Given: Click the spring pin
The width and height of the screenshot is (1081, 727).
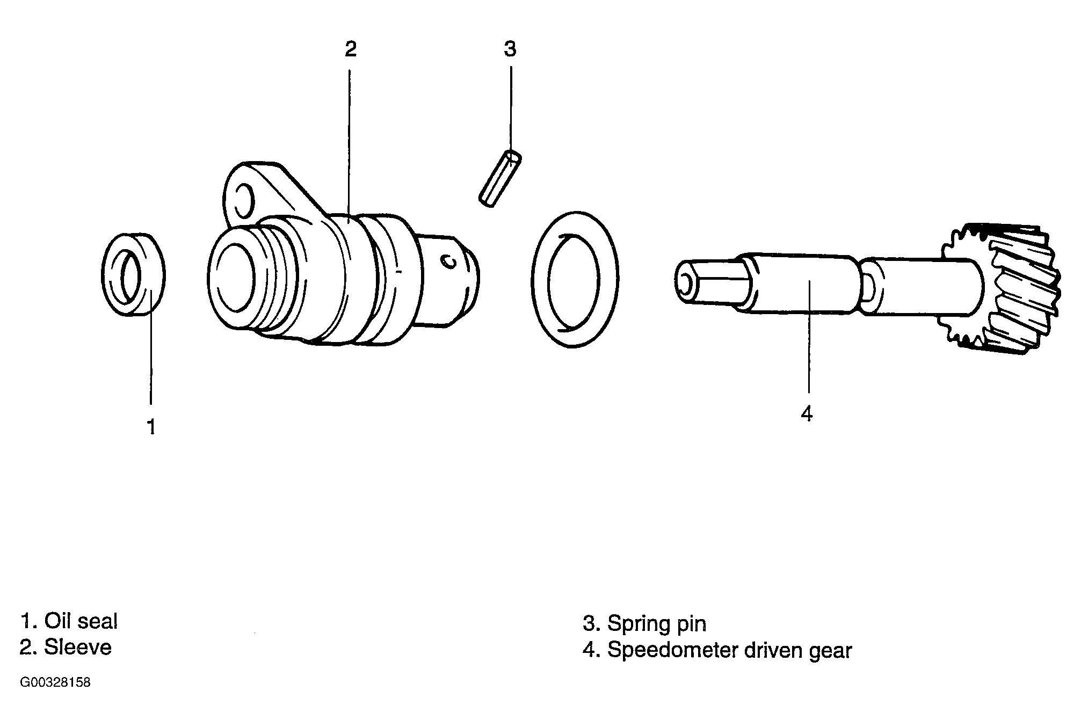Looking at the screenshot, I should [500, 178].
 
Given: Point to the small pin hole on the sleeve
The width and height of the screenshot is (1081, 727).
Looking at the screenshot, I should [447, 261].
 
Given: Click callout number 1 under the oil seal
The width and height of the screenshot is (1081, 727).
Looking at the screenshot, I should [151, 427].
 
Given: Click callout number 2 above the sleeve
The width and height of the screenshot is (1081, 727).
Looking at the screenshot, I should [350, 49].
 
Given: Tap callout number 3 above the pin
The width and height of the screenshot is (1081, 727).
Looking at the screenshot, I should [510, 49].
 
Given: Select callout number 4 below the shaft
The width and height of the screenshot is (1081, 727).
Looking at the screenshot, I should [807, 414].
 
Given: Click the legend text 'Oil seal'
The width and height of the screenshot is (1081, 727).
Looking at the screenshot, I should [81, 621].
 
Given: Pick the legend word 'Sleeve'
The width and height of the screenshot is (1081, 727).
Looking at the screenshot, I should [77, 647].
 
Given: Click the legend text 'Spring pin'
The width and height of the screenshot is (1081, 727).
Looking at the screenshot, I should [656, 624].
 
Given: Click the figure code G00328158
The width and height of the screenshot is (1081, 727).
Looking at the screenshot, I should [55, 683].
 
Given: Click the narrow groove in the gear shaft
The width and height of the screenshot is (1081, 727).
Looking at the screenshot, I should [866, 287].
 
